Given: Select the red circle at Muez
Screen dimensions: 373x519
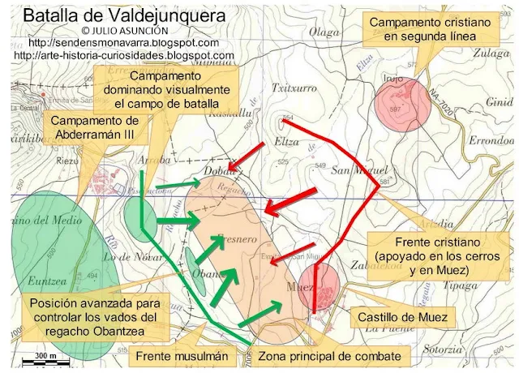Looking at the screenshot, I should tap(319, 286).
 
